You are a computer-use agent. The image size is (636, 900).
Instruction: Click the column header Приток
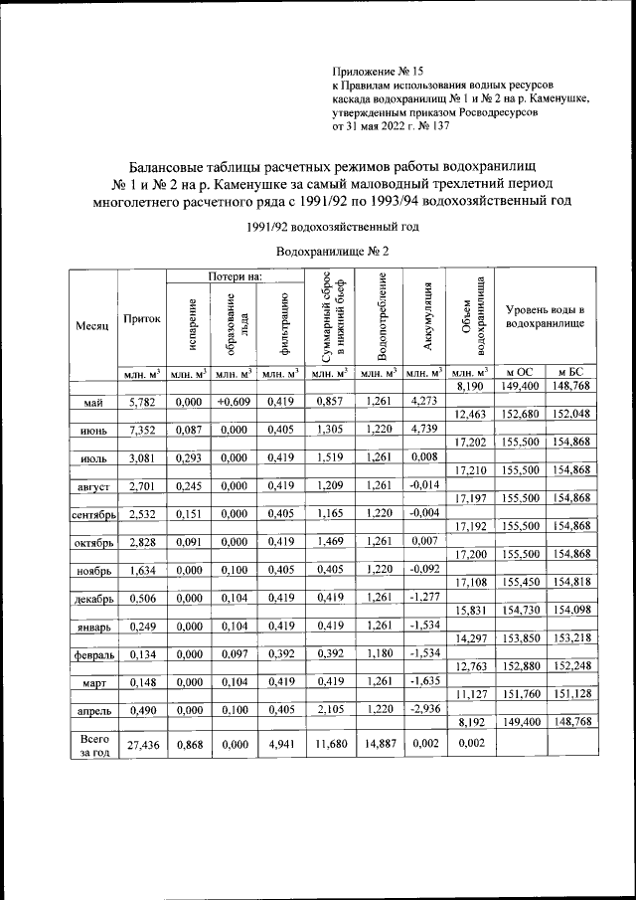(x=141, y=319)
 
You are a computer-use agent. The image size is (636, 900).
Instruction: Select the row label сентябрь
(x=93, y=515)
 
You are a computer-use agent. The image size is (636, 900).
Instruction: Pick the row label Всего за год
(x=92, y=745)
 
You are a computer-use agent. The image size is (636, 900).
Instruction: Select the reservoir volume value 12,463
(x=469, y=414)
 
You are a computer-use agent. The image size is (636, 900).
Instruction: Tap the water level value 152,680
(x=520, y=414)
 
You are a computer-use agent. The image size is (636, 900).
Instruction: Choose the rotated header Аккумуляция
(x=423, y=317)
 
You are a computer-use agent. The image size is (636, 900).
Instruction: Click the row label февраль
(x=93, y=657)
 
